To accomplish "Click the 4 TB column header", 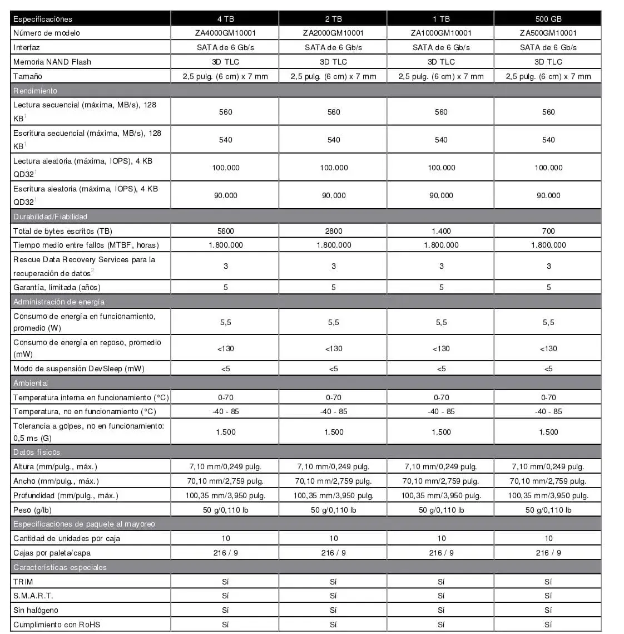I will pos(225,19).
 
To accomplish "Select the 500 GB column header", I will pos(548,19).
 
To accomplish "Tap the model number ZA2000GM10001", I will pos(333,33).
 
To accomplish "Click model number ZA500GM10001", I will pos(548,33).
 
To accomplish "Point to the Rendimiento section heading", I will pos(35,91).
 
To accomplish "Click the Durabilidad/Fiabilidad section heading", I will pos(50,217).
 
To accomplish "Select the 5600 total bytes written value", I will pos(225,231).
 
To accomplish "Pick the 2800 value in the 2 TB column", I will pos(333,231).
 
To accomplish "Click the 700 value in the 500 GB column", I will pos(548,231).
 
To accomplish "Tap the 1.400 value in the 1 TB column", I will pos(441,231).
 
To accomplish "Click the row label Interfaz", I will pos(27,47).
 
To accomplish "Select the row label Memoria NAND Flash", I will pos(52,62).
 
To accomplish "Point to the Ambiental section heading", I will pos(31,383).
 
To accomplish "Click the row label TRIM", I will pos(23,582).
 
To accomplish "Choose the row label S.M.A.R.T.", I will pos(33,596).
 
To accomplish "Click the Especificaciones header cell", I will pos(43,19).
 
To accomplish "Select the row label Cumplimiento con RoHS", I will pos(57,625).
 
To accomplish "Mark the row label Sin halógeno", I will pos(36,610).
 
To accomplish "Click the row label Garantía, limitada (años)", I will pos(57,287).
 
